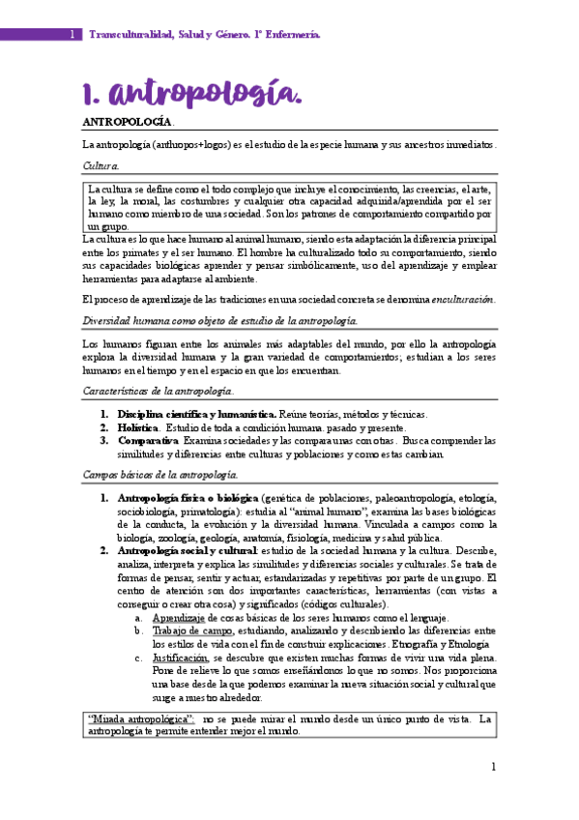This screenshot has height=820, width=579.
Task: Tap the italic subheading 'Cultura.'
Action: point(101,166)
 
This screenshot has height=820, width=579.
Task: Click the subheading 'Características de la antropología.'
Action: point(158,391)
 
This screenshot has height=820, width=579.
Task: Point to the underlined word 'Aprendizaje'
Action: point(178,618)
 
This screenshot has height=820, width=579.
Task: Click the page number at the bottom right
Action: point(492,767)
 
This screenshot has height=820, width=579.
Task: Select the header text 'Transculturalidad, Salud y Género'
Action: point(183,35)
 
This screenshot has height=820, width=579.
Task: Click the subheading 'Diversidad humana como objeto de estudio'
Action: point(219,320)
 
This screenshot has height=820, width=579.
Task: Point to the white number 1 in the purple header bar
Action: point(71,35)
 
